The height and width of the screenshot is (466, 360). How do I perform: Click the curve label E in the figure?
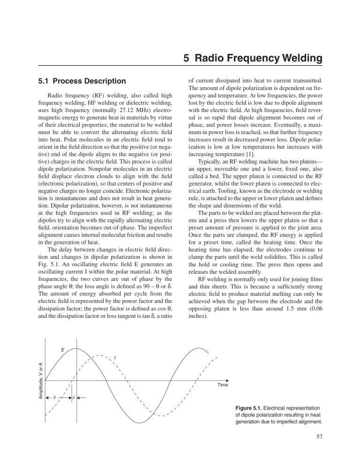coord(62,350)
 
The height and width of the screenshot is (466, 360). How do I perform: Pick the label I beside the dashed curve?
coord(114,358)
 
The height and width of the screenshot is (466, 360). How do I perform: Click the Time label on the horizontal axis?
coord(223,385)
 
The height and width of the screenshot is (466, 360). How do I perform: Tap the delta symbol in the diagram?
coord(74,398)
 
